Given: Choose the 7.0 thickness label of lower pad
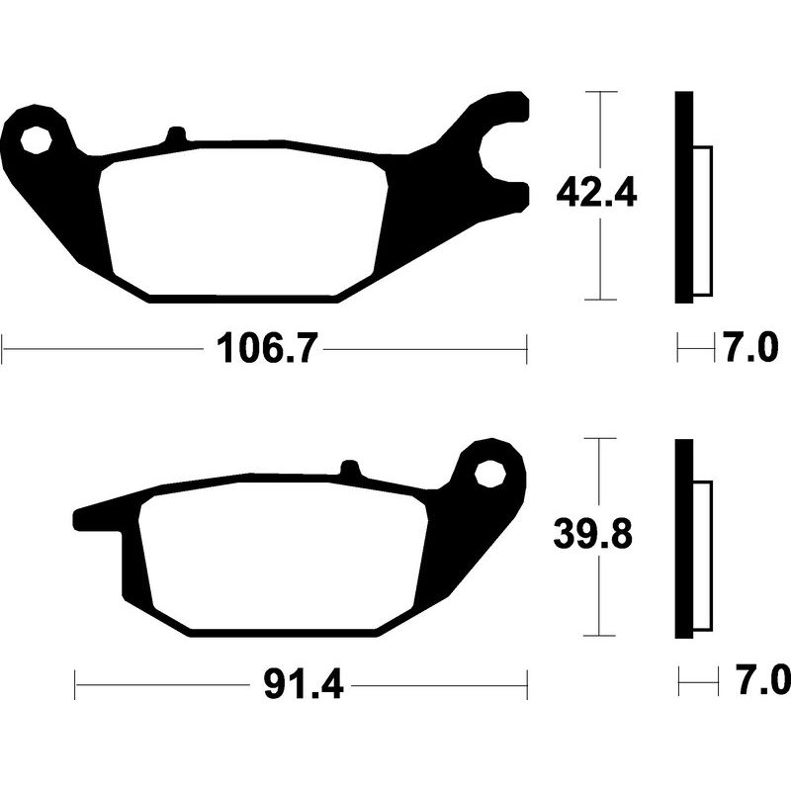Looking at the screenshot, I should coord(758,681).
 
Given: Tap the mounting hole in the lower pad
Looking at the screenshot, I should coord(488,474).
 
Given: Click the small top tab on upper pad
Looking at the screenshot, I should coord(176,136).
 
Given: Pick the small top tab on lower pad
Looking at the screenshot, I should coord(349,469).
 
